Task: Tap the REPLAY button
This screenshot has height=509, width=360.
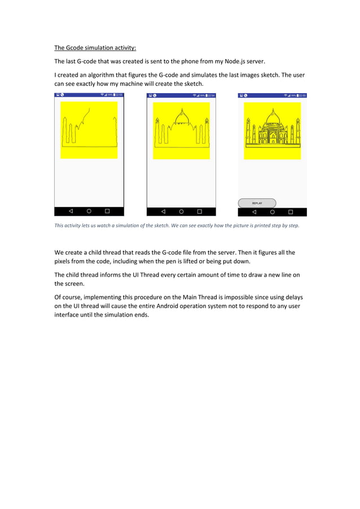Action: click(x=257, y=203)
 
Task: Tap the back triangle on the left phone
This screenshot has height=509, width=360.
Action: click(x=71, y=211)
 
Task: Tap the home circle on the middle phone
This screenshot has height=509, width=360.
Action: click(x=181, y=212)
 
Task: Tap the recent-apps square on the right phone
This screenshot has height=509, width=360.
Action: click(x=291, y=212)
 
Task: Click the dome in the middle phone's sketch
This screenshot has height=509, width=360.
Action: click(x=181, y=117)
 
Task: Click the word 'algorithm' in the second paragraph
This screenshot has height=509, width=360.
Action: click(x=106, y=75)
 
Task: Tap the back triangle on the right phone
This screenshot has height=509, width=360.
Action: click(x=254, y=212)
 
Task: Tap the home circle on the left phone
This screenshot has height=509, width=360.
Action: click(x=89, y=211)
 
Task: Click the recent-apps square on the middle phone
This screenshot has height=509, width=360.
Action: click(x=199, y=212)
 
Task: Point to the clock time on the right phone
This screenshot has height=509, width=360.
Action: click(x=302, y=95)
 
